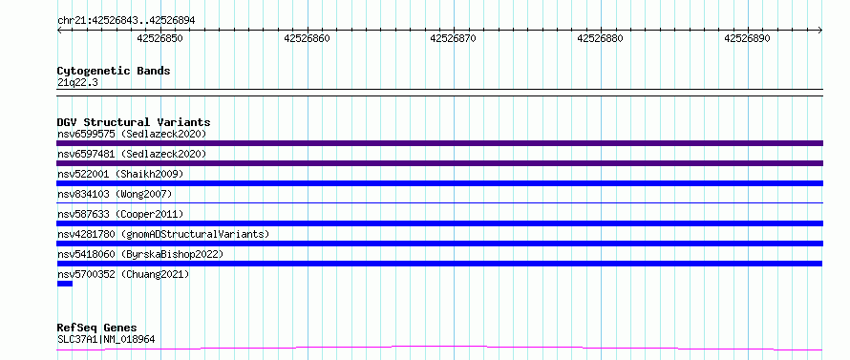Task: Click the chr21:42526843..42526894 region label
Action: pyautogui.click(x=126, y=21)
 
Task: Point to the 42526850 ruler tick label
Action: pyautogui.click(x=159, y=38)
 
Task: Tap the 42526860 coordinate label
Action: pyautogui.click(x=307, y=38)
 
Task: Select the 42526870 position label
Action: pyautogui.click(x=454, y=38)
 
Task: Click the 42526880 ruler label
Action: pyautogui.click(x=600, y=38)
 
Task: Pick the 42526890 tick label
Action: pyautogui.click(x=747, y=38)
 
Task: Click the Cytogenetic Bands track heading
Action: pyautogui.click(x=114, y=71)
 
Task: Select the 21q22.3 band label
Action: pyautogui.click(x=77, y=83)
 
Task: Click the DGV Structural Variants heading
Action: pyautogui.click(x=134, y=122)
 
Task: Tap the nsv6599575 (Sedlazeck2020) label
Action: pyautogui.click(x=132, y=134)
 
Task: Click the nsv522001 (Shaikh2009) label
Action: pyautogui.click(x=120, y=174)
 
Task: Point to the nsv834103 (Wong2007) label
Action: pyautogui.click(x=115, y=194)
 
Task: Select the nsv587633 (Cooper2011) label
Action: pyautogui.click(x=120, y=214)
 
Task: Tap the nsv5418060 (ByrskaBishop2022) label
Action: pyautogui.click(x=140, y=254)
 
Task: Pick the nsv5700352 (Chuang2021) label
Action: pyautogui.click(x=123, y=274)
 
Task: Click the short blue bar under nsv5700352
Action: pyautogui.click(x=65, y=284)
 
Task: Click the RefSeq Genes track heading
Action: pyautogui.click(x=97, y=328)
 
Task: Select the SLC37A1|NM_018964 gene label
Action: pyautogui.click(x=106, y=340)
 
